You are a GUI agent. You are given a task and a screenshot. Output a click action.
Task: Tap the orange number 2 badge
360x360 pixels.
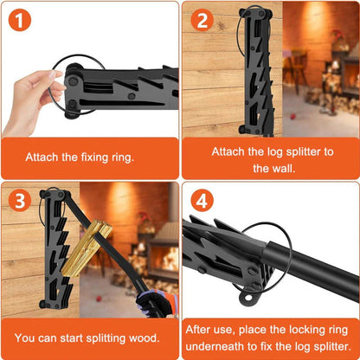202,19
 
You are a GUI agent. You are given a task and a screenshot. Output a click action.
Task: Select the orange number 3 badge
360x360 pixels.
19,200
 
